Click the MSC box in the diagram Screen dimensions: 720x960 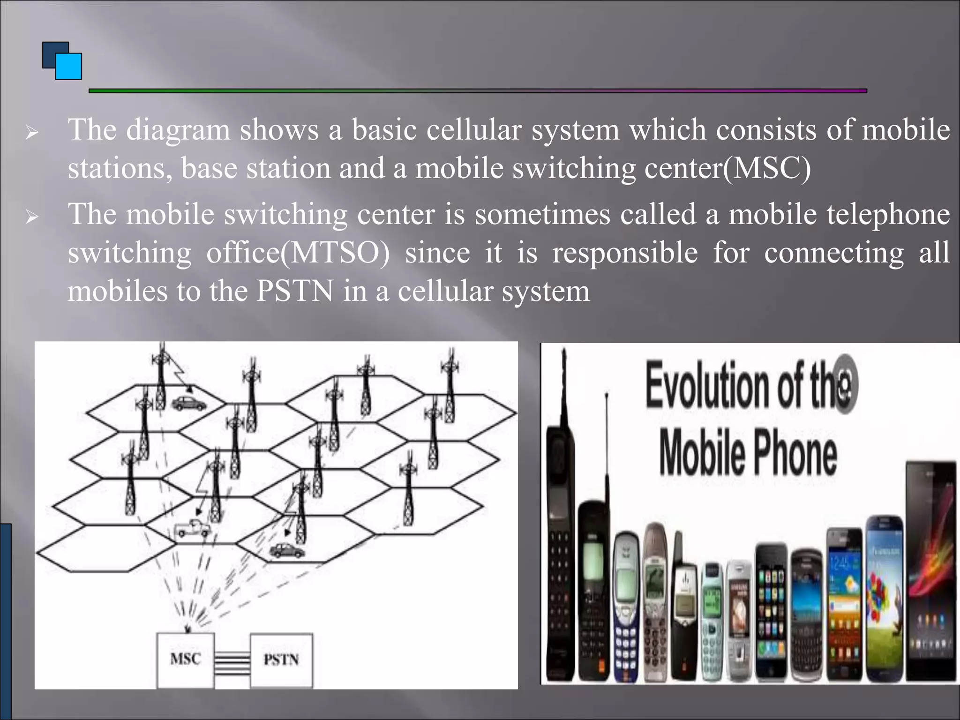[186, 660]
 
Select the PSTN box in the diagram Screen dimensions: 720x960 [281, 660]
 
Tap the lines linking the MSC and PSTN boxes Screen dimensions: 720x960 [232, 660]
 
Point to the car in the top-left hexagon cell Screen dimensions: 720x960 [188, 403]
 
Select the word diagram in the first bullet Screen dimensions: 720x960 [178, 130]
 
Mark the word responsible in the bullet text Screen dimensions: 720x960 [625, 253]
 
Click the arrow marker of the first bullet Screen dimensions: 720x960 [32, 133]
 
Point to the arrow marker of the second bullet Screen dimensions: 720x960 [32, 217]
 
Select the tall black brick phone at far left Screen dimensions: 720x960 [559, 539]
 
